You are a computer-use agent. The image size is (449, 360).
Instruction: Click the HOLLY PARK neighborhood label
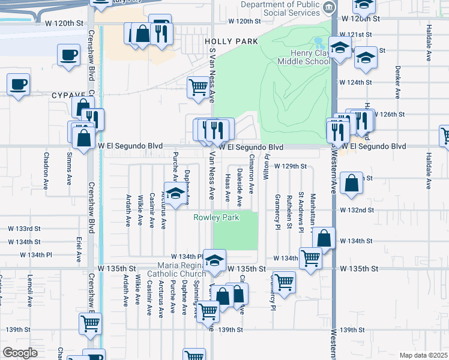click(x=231, y=41)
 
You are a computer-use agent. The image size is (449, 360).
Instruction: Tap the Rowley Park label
click(x=216, y=217)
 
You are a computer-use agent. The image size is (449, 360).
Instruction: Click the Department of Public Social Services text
click(x=280, y=9)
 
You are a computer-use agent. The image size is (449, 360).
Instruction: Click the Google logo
click(x=20, y=353)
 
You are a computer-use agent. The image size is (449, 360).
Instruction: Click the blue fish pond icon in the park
click(x=318, y=43)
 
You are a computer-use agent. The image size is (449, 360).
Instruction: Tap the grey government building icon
click(x=329, y=7)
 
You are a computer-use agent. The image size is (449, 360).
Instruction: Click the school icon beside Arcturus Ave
click(x=175, y=195)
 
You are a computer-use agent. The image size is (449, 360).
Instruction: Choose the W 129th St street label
click(x=291, y=166)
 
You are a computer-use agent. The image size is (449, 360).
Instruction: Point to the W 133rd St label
click(x=24, y=229)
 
